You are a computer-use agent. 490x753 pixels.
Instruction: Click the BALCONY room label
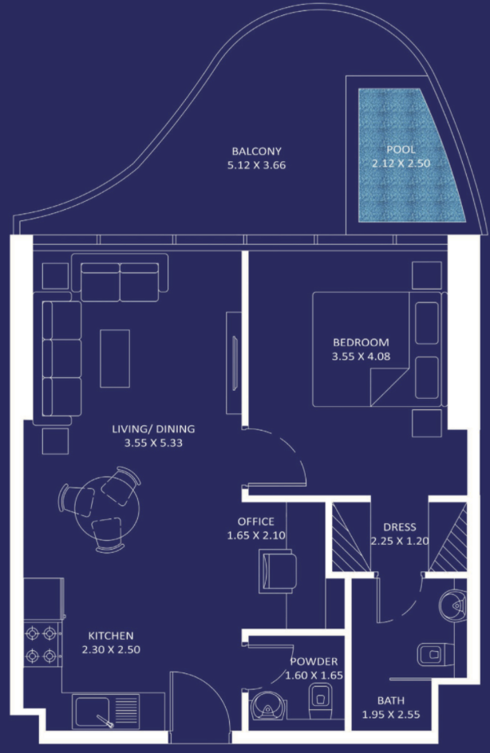point(256,152)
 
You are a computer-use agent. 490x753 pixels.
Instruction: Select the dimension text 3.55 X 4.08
point(361,357)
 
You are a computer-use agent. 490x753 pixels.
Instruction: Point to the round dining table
point(107,509)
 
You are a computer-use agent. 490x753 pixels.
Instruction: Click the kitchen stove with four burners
point(42,645)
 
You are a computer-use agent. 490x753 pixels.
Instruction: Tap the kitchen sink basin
point(92,712)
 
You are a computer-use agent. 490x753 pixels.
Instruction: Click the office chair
point(277,571)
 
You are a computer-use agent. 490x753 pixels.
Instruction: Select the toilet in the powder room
point(320,701)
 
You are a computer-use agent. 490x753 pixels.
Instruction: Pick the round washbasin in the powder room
point(268,705)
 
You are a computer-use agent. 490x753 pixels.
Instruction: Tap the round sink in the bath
point(452,605)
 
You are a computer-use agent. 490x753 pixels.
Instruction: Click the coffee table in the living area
point(115,358)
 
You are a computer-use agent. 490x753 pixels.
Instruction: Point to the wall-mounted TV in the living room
point(235,363)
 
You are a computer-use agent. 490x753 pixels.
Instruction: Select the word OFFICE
point(256,522)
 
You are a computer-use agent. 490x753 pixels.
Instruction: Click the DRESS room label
point(400,526)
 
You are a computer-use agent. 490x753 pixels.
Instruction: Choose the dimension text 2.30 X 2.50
point(111,650)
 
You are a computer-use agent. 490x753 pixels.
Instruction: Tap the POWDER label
point(314,661)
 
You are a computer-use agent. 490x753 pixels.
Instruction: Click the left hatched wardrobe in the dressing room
point(351,537)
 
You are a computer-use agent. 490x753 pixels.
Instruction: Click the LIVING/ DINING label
point(153,429)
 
